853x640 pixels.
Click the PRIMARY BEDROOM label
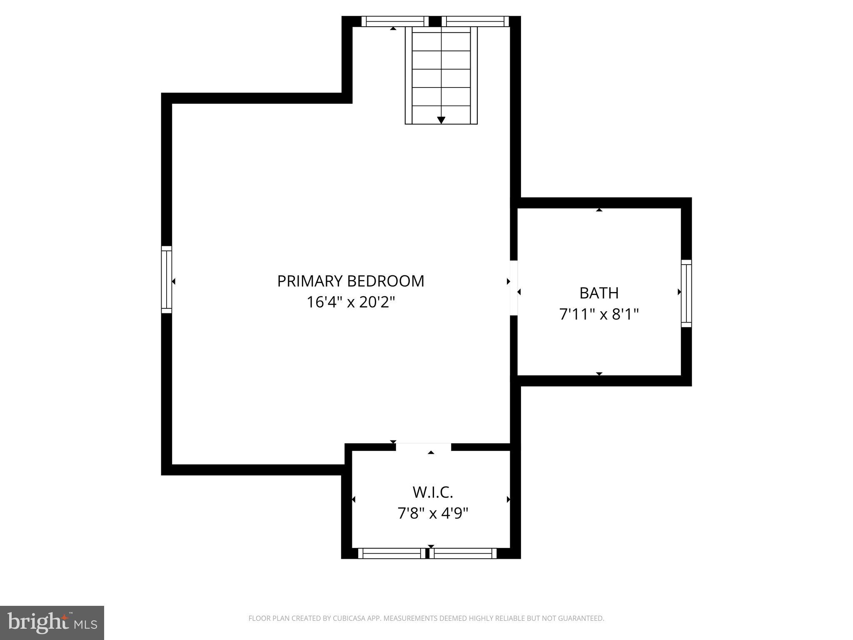351,281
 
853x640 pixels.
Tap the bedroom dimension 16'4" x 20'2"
351,302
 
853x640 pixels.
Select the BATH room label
599,293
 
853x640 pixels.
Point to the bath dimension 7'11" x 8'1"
599,314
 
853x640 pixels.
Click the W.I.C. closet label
433,492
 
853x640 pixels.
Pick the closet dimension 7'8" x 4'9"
433,513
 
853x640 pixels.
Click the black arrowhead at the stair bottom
441,120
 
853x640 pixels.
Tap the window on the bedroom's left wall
167,279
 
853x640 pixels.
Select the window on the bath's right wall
686,293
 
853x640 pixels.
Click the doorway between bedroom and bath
514,287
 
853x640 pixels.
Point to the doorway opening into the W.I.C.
423,447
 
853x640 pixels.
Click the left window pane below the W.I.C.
392,553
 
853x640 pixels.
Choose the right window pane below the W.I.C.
463,553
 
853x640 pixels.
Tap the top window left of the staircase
394,21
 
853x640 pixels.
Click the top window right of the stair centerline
475,21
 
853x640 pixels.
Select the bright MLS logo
52,622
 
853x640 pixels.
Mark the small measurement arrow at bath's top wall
599,210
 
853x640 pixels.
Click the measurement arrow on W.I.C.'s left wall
354,499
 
